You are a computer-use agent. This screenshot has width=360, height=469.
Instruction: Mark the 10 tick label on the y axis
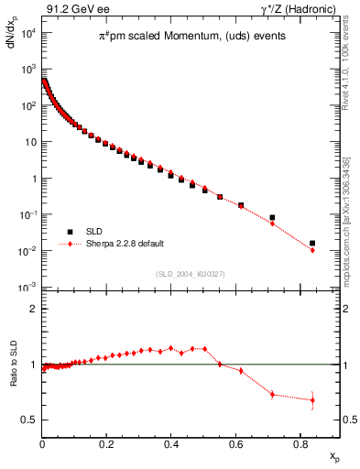point(29,142)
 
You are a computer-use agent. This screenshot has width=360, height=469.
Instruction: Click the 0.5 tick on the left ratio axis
point(30,420)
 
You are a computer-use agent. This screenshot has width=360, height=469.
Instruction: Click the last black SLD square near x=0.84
point(312,244)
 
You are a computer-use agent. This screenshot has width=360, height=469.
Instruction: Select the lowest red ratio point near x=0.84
point(312,399)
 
